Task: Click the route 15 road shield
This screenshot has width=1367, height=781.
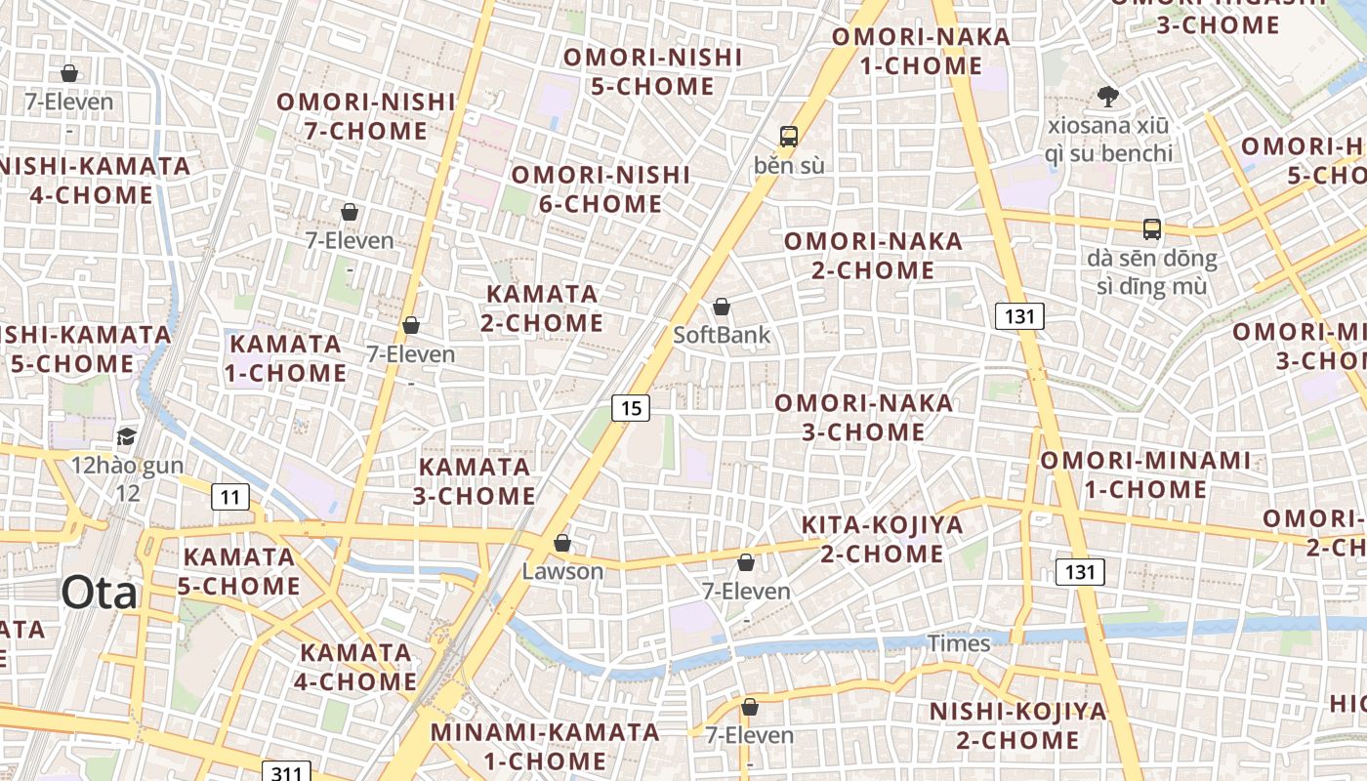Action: point(631,408)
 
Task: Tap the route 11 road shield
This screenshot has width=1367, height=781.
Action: point(229,498)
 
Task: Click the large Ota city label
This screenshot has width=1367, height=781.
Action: point(100,593)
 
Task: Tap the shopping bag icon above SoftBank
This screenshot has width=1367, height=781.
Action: point(722,308)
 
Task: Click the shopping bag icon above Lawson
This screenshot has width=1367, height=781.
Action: point(562,543)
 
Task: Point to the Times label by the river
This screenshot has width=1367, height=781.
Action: point(958,643)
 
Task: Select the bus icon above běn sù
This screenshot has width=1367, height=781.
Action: point(789,137)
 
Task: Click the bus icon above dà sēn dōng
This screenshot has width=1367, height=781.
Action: point(1152,229)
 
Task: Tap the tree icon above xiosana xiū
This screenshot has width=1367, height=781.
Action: point(1107,97)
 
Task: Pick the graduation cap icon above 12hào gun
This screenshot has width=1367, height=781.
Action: point(126,436)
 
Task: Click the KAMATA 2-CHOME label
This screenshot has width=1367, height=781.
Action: point(542,308)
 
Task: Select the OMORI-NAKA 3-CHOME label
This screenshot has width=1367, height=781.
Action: point(864,417)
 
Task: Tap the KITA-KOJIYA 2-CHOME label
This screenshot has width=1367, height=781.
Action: point(882,539)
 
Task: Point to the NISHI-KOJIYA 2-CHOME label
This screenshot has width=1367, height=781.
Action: point(1017,725)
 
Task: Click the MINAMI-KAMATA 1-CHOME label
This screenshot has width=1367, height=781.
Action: point(545,746)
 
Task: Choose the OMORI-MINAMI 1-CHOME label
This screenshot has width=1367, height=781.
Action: point(1144,474)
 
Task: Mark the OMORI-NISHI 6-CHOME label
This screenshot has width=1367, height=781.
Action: point(601,189)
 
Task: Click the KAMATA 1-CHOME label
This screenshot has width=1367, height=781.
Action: point(285,358)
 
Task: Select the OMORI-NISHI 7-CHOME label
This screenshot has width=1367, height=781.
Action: point(366,116)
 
